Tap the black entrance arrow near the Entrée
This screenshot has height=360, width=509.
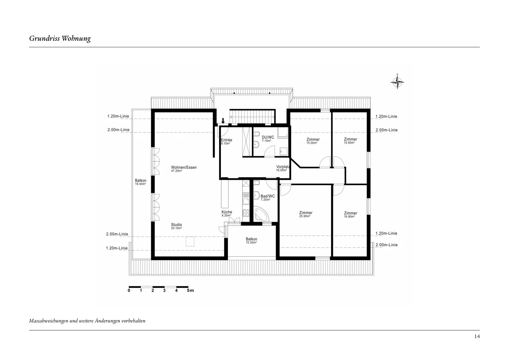click(x=223, y=121)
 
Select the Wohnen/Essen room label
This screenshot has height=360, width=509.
click(x=184, y=169)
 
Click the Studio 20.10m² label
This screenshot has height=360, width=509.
click(x=177, y=226)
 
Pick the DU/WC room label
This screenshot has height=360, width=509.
click(x=268, y=139)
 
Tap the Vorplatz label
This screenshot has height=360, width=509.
click(x=283, y=168)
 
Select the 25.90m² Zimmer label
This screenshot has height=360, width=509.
click(x=306, y=214)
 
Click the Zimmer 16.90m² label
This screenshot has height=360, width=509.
click(x=350, y=215)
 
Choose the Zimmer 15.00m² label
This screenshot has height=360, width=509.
click(x=313, y=141)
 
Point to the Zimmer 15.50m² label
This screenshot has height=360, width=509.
click(x=350, y=141)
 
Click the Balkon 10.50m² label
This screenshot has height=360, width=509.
click(x=251, y=241)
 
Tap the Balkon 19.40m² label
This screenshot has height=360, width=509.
click(x=141, y=182)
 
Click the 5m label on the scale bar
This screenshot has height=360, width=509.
click(x=190, y=290)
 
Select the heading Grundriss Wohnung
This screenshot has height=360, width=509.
click(x=60, y=39)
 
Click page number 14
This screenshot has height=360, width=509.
click(x=477, y=336)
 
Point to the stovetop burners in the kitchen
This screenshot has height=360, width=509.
click(x=246, y=213)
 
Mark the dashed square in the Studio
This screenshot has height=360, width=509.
click(x=190, y=242)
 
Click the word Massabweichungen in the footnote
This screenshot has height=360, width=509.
click(x=49, y=321)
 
